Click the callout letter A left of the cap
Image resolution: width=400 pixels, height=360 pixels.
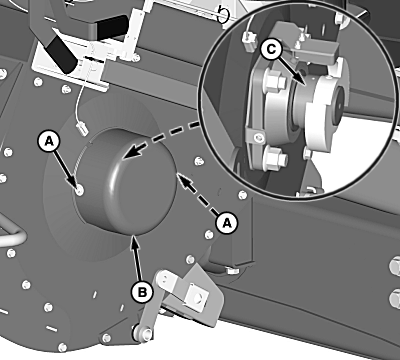coord(49,142)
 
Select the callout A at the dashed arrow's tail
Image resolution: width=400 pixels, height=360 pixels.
coord(227,222)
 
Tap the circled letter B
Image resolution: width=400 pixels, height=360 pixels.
coord(142,293)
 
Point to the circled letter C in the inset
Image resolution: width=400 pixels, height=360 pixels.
coord(271,49)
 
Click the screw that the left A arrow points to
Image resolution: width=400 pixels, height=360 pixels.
coord(79,191)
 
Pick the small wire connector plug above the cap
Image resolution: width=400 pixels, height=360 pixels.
coord(82,128)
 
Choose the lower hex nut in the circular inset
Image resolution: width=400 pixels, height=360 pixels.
coord(274,159)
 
